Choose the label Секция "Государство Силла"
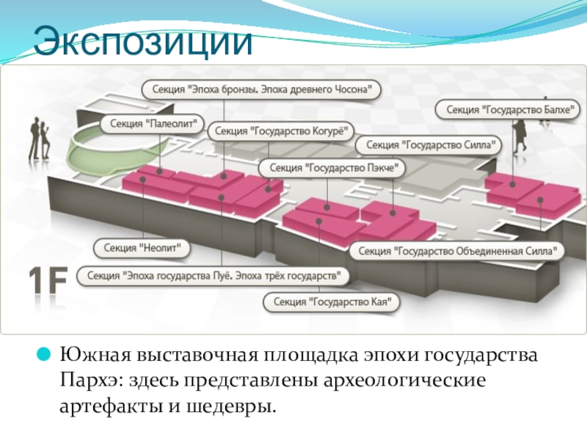click(429, 145)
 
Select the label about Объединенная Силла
click(458, 251)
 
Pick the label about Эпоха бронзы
click(262, 89)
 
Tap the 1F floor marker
click(48, 283)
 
